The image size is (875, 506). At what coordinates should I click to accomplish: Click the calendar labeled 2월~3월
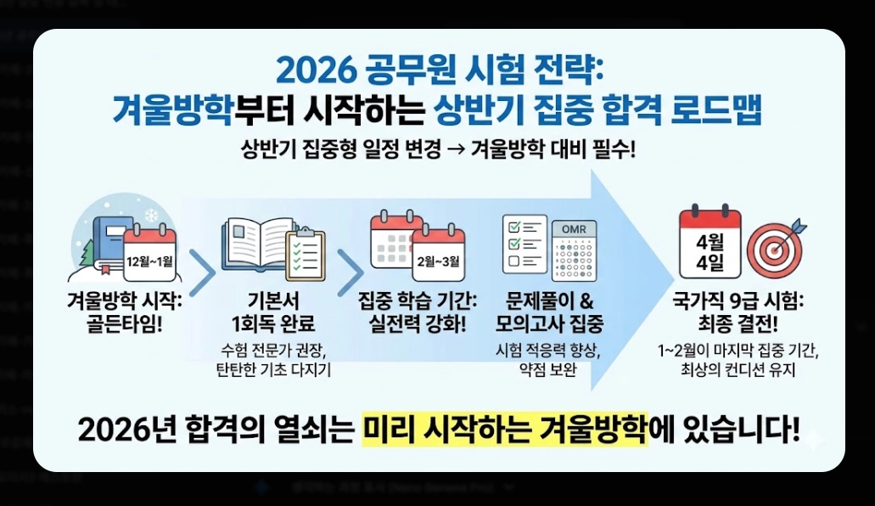[438, 255]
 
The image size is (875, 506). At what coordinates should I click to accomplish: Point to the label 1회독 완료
[272, 323]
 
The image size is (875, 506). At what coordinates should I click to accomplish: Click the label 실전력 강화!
[418, 323]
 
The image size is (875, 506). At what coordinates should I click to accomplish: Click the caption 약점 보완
[549, 370]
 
